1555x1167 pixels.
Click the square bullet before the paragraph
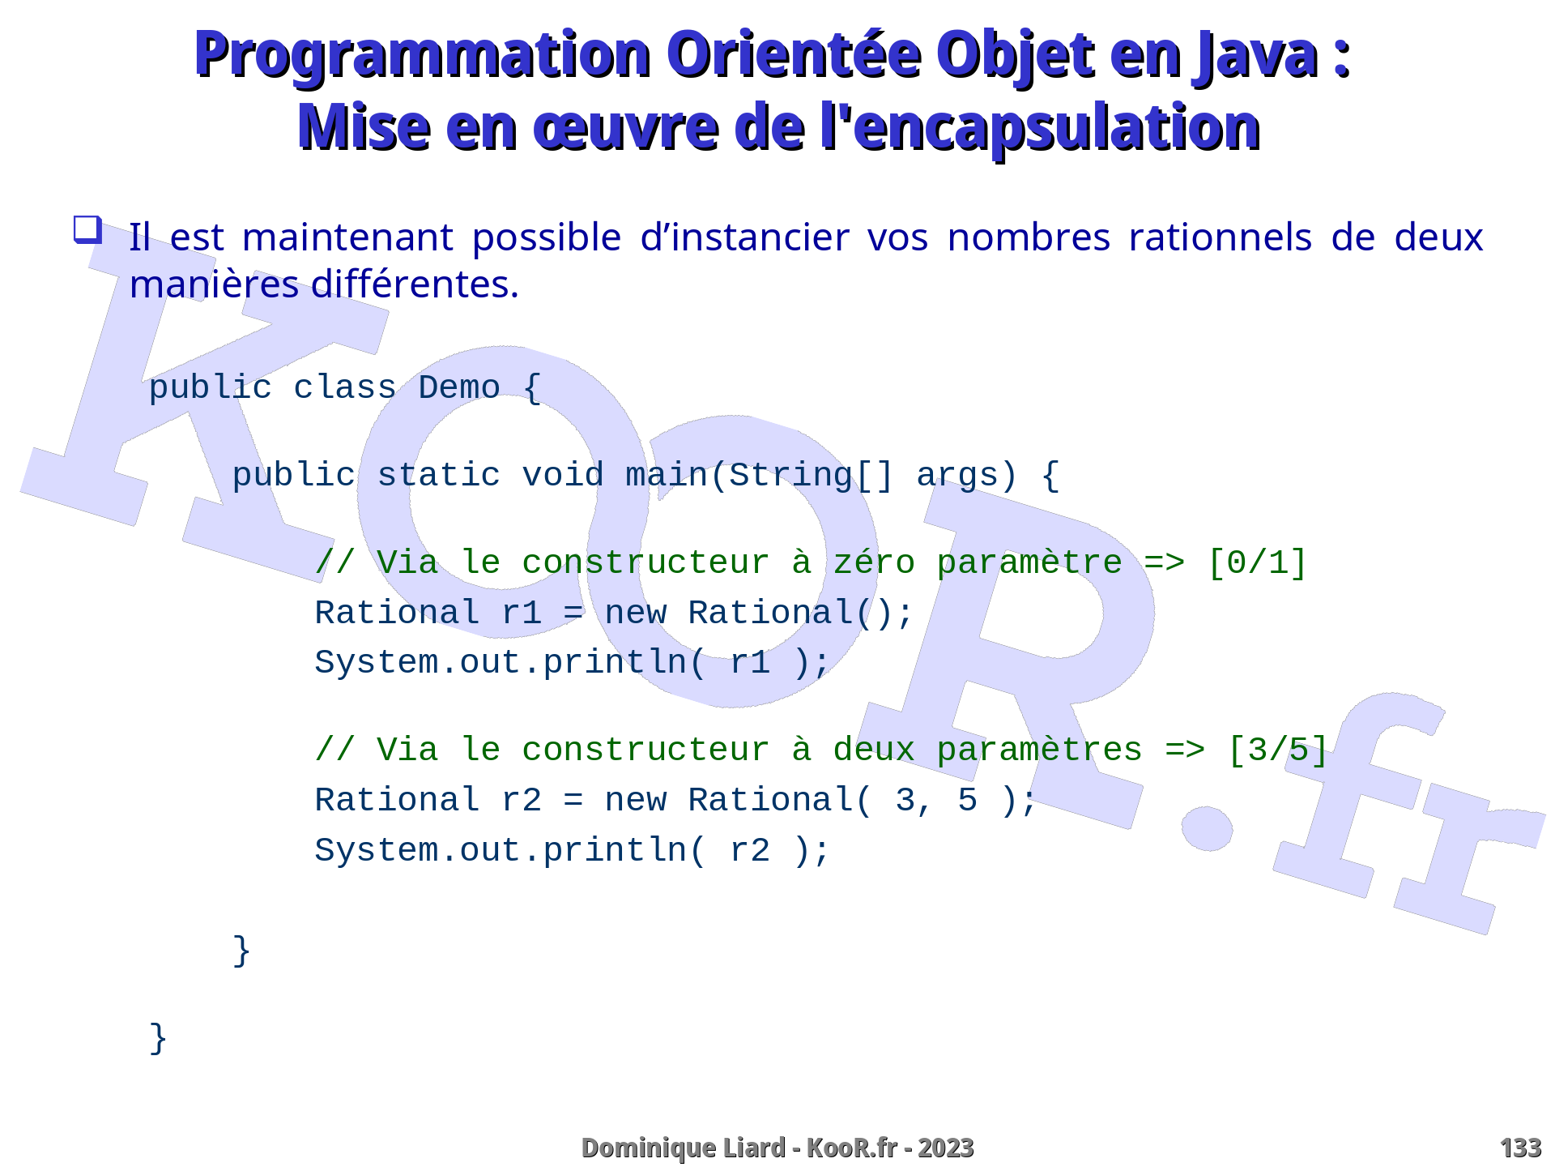click(88, 229)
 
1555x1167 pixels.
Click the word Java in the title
click(1256, 55)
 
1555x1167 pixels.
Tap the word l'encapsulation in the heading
click(1040, 128)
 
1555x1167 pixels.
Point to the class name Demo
click(459, 387)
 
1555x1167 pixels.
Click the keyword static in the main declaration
click(439, 475)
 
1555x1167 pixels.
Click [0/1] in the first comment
click(1257, 562)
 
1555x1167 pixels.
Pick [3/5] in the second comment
click(1278, 750)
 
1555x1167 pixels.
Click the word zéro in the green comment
click(874, 562)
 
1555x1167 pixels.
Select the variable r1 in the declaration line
click(522, 613)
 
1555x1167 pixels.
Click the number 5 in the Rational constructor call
click(968, 800)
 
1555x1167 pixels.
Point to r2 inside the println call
click(750, 851)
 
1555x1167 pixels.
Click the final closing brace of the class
click(159, 1038)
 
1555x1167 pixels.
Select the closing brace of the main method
click(241, 951)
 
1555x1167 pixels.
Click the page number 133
click(1520, 1148)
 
